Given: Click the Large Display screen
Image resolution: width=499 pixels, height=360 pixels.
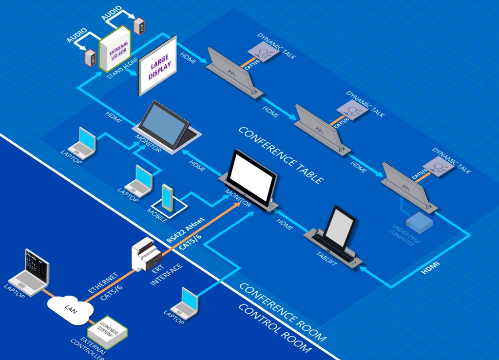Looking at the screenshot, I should tap(157, 72).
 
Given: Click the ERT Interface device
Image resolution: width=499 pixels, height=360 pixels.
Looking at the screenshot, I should tap(145, 255).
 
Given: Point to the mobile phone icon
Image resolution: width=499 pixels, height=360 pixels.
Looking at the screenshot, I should tap(168, 198).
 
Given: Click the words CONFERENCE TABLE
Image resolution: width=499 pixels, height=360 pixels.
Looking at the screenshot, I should tap(280, 155).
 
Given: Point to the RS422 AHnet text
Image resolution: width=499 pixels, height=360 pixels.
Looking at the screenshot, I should tap(185, 228).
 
